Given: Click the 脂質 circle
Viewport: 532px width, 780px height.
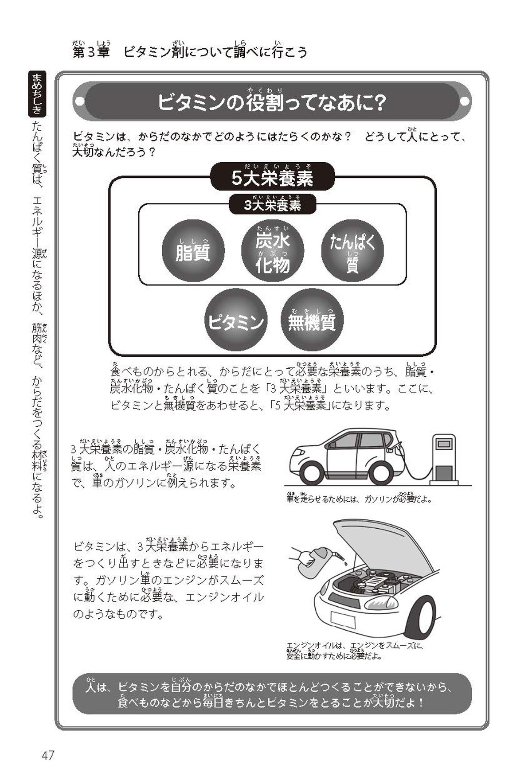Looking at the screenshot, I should point(193,251).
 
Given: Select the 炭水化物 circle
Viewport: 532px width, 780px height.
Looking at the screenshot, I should point(272,251).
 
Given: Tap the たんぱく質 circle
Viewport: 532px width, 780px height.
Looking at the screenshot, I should point(352,251).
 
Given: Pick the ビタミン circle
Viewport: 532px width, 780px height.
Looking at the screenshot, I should point(235,320).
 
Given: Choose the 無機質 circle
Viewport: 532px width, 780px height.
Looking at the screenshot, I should point(312,320).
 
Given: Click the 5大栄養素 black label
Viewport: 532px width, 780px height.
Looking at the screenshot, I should point(272,177).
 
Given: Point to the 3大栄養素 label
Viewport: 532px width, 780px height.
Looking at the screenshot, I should point(272,205).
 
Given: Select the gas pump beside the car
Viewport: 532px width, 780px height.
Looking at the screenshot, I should point(444,459).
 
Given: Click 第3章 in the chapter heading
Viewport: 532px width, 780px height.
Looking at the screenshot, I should point(91,52).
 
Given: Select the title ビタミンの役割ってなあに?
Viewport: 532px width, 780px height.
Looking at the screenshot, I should point(272,103).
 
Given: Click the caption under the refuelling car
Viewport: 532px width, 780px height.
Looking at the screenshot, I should point(359,499).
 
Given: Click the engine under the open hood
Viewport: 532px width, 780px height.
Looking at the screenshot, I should point(377,581).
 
